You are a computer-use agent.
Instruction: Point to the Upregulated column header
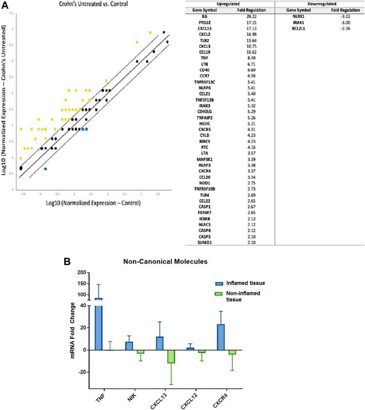226,3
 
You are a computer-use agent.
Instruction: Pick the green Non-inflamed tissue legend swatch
220,294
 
